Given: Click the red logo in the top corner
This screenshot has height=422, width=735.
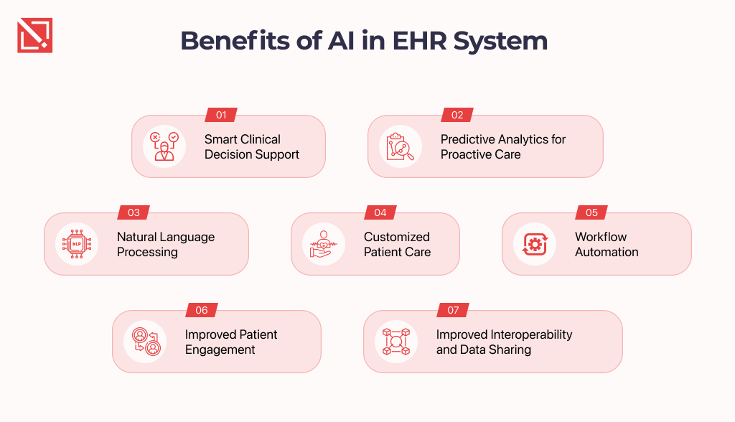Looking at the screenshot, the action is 34,35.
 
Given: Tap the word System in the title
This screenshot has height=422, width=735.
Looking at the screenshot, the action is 500,42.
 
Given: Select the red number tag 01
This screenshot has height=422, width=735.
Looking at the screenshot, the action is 221,115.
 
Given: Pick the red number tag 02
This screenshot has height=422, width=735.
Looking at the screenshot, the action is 457,115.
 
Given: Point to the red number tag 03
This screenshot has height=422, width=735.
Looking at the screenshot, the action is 134,212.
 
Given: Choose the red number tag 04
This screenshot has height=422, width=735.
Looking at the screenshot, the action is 380,212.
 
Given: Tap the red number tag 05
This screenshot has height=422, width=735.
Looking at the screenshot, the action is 591,212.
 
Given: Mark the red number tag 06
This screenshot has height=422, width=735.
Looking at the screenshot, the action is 202,310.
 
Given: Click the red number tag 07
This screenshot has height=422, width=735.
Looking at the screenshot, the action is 453,310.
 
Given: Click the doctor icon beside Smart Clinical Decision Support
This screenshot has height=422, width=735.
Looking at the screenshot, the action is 164,146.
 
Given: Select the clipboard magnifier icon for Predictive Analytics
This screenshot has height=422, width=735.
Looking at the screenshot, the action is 400,146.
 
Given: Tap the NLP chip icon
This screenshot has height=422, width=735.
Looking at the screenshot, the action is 77,244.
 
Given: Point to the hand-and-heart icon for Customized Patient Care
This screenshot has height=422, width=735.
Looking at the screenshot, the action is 324,244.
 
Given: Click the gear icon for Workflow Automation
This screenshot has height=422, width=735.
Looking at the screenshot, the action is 535,244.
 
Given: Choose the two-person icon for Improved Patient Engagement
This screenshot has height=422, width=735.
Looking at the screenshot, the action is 146,342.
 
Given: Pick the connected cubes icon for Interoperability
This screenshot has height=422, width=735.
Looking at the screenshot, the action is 396,342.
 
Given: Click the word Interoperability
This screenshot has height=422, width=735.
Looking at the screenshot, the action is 531,335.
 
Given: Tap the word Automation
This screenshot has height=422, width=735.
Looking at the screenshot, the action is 607,252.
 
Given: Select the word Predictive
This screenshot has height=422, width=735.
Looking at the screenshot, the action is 469,139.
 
